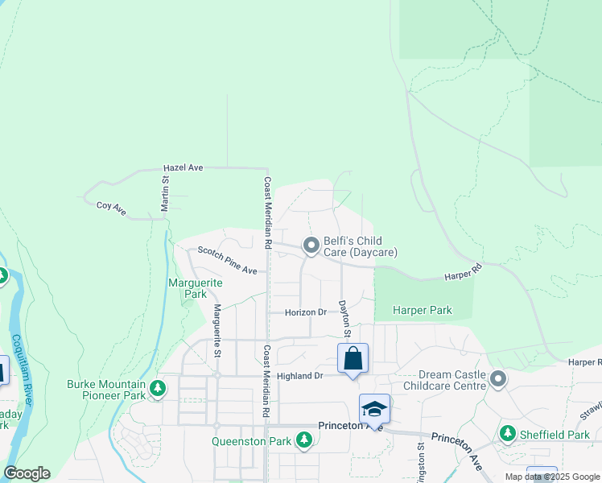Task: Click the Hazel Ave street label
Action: click(183, 167)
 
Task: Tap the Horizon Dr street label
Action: click(305, 312)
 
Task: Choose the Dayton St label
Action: click(344, 319)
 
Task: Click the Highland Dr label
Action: click(299, 376)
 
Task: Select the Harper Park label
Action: click(422, 310)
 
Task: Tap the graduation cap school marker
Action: click(374, 408)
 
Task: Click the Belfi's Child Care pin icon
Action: click(311, 245)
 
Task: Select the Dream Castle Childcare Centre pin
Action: click(498, 378)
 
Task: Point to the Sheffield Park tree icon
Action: click(508, 434)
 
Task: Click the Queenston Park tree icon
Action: click(303, 440)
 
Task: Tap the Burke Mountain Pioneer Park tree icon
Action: click(159, 389)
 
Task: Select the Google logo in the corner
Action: click(27, 473)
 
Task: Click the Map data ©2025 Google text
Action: click(553, 477)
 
